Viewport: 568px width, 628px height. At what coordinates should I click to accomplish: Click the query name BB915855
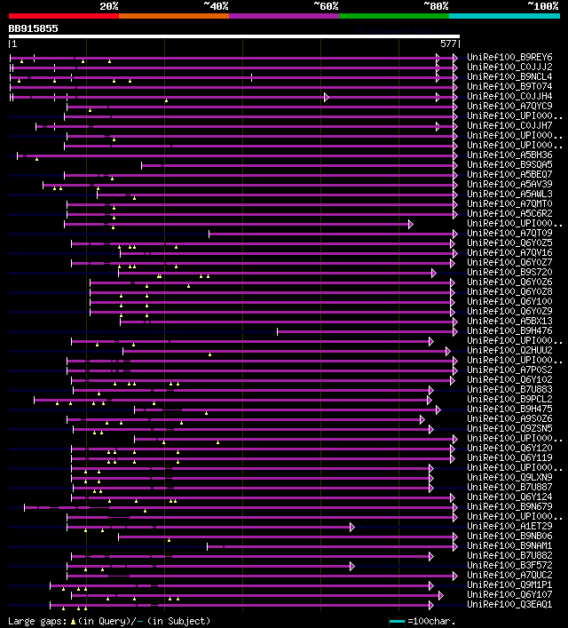pos(34,28)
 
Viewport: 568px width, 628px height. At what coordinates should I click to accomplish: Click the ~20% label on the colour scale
pos(109,6)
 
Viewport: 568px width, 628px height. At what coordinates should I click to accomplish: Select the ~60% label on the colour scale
pos(326,6)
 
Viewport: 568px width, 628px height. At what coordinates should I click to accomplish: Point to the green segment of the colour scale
pos(393,16)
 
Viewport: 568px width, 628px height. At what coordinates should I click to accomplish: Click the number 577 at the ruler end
pos(448,43)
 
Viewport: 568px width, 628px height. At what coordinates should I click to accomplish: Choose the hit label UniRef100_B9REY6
pos(509,57)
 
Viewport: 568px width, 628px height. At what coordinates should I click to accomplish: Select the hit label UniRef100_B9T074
pos(509,86)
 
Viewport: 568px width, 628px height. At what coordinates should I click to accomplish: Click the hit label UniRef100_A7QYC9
pos(509,106)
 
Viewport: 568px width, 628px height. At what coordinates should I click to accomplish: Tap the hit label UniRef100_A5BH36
pos(509,155)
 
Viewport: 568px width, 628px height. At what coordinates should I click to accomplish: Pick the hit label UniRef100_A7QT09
pos(509,233)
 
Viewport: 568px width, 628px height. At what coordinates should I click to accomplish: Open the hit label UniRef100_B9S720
pos(509,272)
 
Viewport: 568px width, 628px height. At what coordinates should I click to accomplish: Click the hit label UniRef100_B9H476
pos(509,330)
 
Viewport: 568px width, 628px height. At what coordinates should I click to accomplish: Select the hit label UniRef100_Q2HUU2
pos(509,350)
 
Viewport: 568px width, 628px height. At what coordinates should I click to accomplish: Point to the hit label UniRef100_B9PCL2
pos(509,399)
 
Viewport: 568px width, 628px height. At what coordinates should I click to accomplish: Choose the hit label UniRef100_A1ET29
pos(509,526)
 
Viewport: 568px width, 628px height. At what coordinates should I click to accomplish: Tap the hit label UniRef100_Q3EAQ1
pos(509,604)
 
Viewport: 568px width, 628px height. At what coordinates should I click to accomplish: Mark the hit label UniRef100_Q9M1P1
pos(509,584)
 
